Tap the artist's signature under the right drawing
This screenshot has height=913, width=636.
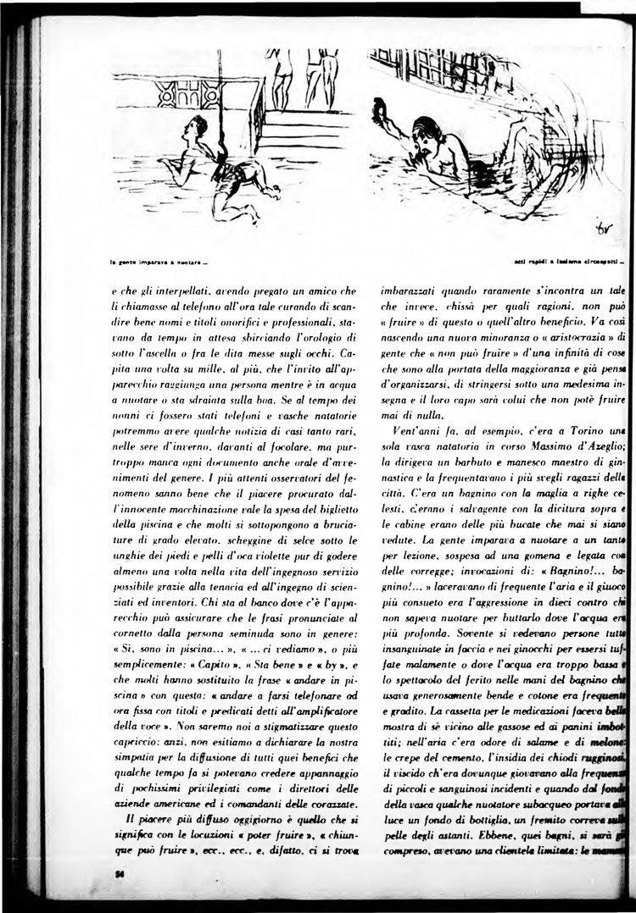604,229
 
